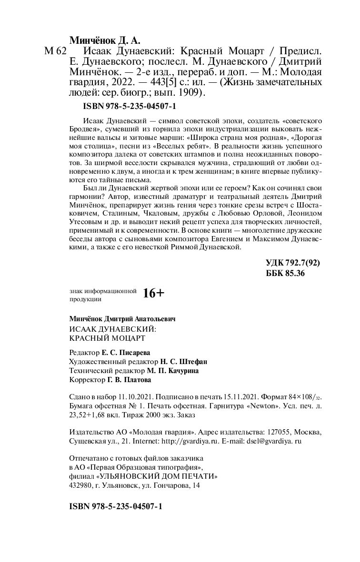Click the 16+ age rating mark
153,294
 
